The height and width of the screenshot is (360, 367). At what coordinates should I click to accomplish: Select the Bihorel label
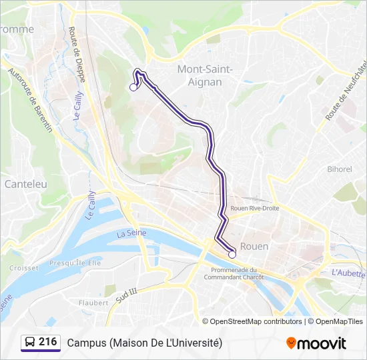pyautogui.click(x=339, y=169)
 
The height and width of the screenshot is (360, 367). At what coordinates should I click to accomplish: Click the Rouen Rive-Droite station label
pyautogui.click(x=254, y=208)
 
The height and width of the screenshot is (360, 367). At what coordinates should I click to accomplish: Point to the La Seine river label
pyautogui.click(x=131, y=233)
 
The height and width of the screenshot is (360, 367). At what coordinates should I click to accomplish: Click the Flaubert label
pyautogui.click(x=93, y=302)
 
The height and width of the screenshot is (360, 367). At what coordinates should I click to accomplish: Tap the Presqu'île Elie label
pyautogui.click(x=75, y=263)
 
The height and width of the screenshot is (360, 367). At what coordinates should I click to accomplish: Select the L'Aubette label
pyautogui.click(x=348, y=273)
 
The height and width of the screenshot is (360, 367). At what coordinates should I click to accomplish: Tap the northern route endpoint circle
pyautogui.click(x=133, y=87)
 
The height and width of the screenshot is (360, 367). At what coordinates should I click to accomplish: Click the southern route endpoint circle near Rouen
pyautogui.click(x=232, y=254)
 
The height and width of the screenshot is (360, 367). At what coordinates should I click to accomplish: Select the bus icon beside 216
pyautogui.click(x=31, y=343)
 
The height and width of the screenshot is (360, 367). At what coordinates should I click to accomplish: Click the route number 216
pyautogui.click(x=48, y=342)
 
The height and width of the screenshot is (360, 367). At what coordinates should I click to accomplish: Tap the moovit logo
pyautogui.click(x=316, y=343)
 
